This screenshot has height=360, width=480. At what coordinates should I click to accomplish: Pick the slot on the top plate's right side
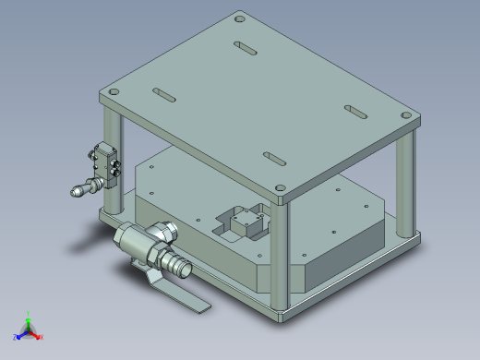tap(356, 111)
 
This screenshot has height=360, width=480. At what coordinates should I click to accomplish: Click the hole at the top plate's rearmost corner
tap(240, 18)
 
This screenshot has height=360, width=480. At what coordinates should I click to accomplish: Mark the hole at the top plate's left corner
tap(113, 93)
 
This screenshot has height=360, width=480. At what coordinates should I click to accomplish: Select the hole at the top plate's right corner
tap(407, 114)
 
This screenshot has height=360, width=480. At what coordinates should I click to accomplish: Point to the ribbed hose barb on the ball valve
tap(177, 267)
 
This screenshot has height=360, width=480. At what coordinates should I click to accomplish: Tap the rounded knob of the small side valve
tap(78, 192)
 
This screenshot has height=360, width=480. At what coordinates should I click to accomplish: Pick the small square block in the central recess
tap(246, 223)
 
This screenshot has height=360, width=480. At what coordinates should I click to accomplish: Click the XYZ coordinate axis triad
tap(29, 330)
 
